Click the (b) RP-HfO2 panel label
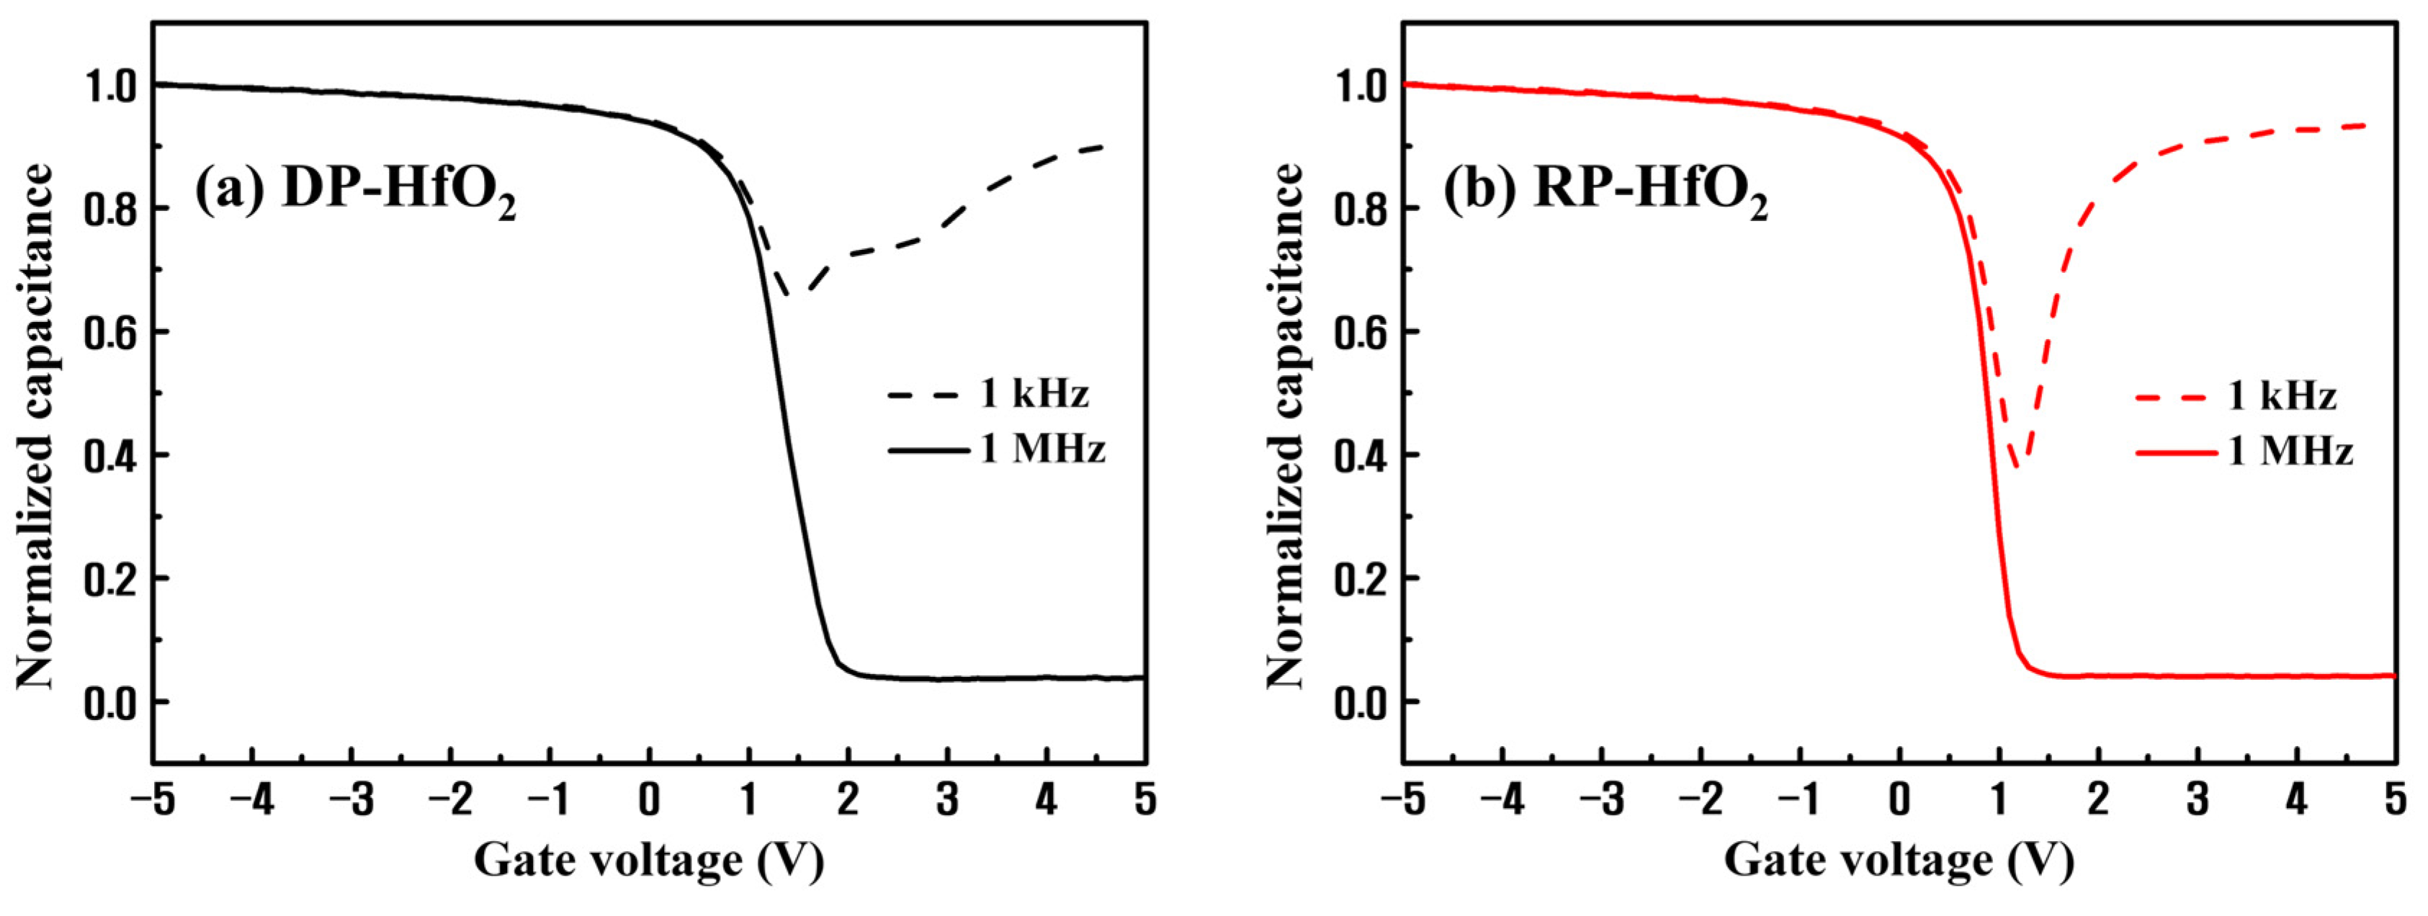(1605, 193)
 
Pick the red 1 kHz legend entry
(2236, 396)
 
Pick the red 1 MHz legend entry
(2244, 452)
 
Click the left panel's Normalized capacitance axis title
(36, 426)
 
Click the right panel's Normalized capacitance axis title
(1285, 426)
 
